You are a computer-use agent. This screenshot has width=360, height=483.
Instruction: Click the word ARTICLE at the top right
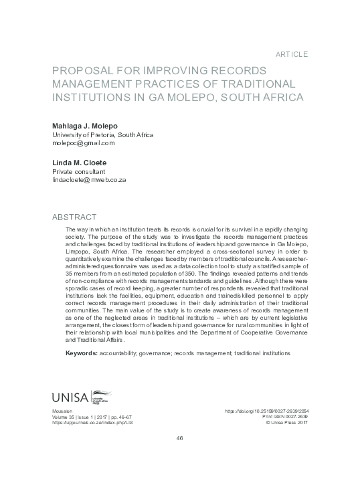click(292, 53)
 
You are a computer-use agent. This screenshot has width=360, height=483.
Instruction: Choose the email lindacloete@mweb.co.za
click(89, 181)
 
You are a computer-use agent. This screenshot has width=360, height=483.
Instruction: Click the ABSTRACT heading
click(74, 217)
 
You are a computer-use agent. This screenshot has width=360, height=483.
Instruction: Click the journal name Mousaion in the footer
click(62, 411)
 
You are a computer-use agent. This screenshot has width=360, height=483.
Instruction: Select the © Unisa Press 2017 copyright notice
click(287, 423)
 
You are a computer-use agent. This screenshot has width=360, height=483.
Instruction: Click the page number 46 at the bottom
click(179, 438)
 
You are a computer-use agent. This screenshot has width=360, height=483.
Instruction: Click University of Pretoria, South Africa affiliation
click(102, 134)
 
